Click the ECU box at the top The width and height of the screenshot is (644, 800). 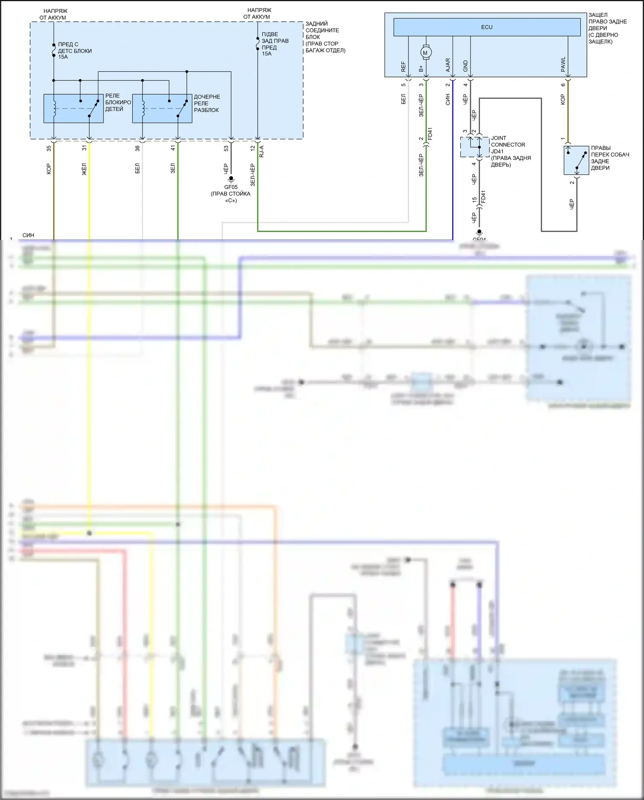coord(486,27)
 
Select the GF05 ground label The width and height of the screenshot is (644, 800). coord(231,187)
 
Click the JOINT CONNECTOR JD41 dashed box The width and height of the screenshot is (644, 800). coord(474,147)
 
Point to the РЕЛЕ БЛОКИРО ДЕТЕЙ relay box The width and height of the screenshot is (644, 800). coord(73,108)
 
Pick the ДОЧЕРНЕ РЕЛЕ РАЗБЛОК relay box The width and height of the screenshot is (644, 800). coord(162,108)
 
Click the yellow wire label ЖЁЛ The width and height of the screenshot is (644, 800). coord(84,169)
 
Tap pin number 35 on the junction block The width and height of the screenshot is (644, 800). coord(49,148)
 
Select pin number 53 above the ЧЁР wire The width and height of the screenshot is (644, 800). coord(226,148)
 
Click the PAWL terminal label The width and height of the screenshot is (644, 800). coord(563,64)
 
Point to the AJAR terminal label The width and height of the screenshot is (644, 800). coord(448,65)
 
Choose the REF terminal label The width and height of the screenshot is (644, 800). coord(403,67)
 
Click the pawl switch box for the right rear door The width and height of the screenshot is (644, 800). coord(576,160)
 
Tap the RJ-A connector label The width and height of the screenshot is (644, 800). coord(261,151)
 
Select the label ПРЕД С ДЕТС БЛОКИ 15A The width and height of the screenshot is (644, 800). coord(75,51)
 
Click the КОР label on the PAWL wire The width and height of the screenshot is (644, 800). coord(563,99)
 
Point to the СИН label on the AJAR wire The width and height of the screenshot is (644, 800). coord(448,100)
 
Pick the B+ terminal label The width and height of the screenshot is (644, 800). coord(421,68)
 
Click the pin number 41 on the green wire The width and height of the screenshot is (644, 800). coord(173,148)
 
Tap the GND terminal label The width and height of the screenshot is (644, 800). coord(465,66)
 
